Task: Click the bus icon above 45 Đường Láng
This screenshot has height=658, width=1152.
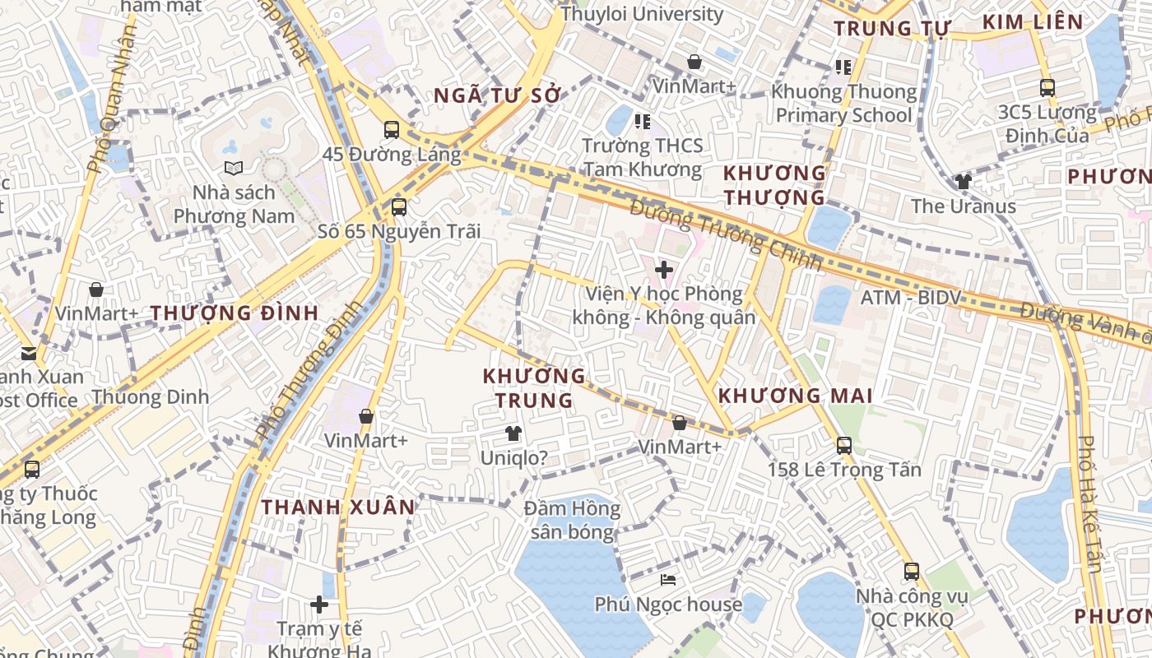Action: (392, 129)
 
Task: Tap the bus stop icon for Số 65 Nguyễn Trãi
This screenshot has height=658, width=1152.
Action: (399, 206)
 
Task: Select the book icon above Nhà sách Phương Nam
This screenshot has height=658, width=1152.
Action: (234, 168)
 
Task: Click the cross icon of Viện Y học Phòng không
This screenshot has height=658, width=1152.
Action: (664, 269)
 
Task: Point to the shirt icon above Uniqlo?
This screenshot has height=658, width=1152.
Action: (513, 433)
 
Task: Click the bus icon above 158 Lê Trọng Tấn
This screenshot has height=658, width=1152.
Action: (844, 446)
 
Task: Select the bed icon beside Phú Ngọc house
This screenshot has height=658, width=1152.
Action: (668, 581)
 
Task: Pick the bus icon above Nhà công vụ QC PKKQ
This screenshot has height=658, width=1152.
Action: (912, 572)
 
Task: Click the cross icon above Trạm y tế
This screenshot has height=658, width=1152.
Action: (319, 605)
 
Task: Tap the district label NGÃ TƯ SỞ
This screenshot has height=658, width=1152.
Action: (497, 95)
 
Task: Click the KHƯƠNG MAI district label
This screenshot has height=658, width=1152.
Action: (795, 396)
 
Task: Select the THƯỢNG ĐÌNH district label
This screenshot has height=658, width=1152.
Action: (235, 313)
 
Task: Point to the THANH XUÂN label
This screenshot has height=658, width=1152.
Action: (339, 507)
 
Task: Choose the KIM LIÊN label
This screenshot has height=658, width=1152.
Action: (1033, 22)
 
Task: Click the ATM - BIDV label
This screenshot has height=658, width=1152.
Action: (911, 297)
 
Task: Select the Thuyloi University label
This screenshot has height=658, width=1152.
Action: (642, 14)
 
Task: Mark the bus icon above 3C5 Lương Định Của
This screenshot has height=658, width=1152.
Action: (1047, 87)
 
